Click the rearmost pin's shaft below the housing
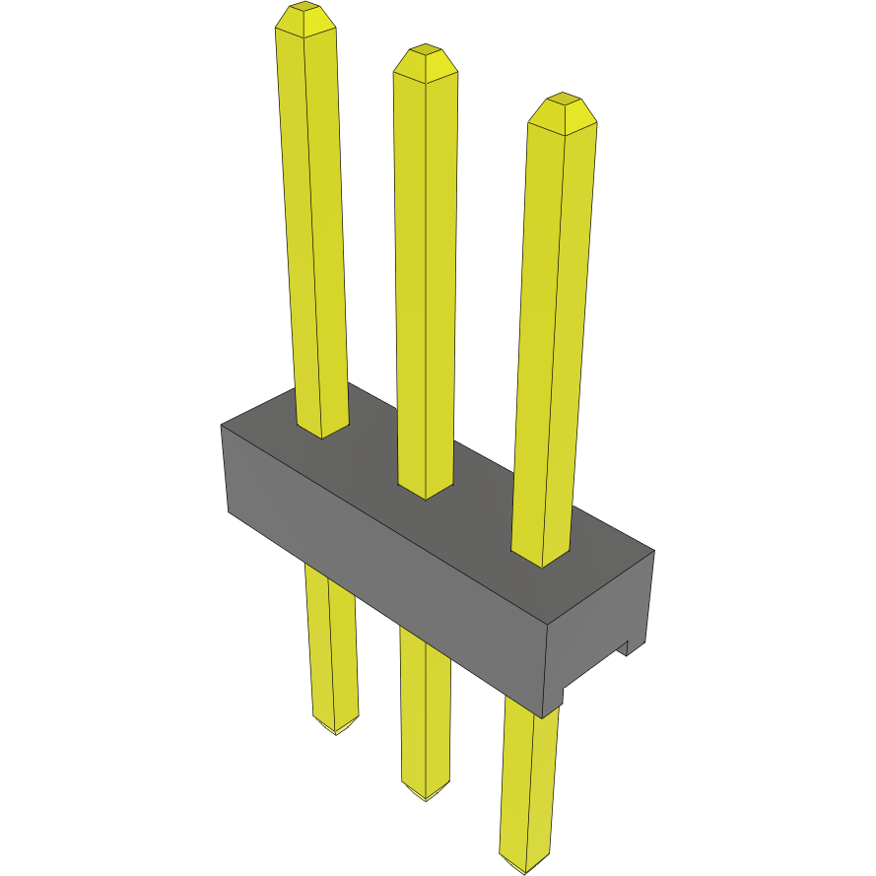point(330,650)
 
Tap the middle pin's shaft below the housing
point(425,709)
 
